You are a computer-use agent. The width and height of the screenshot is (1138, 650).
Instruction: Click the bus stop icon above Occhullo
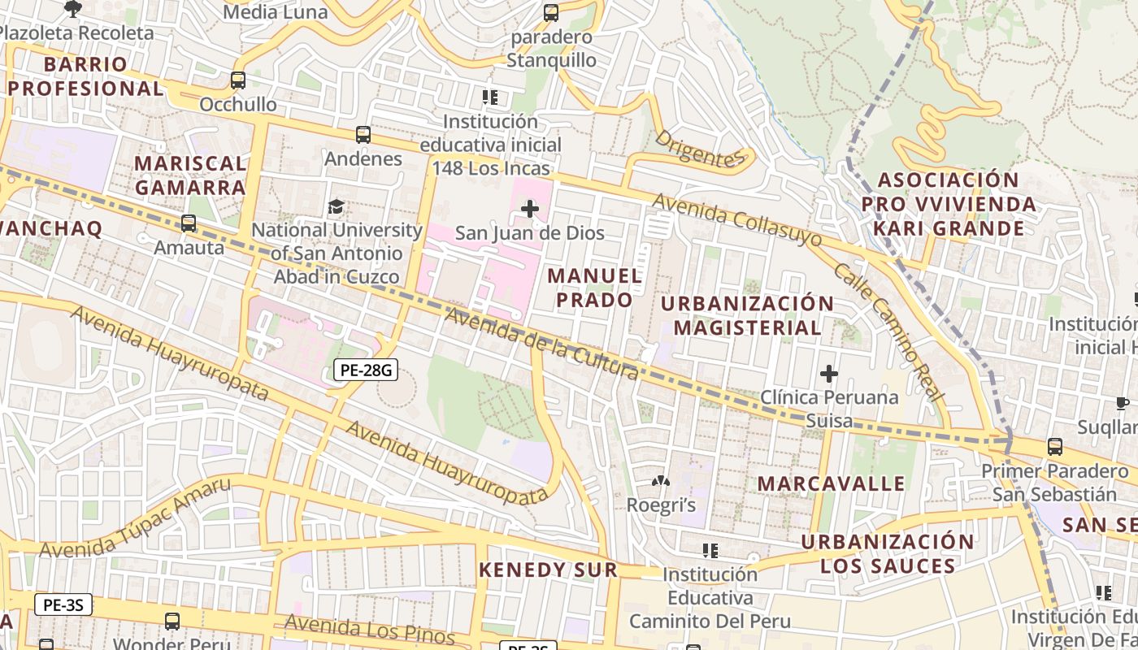237,80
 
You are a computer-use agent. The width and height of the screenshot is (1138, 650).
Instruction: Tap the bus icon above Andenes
363,135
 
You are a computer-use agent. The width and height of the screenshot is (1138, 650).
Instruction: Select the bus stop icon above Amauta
189,223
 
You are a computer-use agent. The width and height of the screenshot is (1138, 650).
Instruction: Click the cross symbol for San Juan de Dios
530,209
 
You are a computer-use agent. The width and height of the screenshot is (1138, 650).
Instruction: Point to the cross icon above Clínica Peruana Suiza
829,374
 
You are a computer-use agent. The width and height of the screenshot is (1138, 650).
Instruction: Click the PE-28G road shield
366,370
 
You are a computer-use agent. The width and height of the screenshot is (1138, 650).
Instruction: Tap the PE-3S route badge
63,604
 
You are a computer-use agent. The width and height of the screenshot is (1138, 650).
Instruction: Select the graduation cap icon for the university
336,207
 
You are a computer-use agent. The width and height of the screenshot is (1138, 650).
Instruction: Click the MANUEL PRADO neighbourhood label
595,288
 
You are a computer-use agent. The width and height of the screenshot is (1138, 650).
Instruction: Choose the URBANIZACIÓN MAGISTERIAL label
747,315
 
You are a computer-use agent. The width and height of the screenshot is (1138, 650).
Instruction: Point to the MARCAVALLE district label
831,483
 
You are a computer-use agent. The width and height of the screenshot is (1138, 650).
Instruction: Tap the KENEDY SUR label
548,570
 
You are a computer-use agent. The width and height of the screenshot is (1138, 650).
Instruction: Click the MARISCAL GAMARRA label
190,175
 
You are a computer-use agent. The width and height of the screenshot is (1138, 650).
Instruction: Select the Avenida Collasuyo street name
737,220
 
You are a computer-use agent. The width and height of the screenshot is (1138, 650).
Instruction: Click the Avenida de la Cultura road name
541,345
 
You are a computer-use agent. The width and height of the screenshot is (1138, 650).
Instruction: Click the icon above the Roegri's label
661,481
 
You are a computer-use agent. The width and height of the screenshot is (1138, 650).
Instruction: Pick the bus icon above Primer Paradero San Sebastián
1054,446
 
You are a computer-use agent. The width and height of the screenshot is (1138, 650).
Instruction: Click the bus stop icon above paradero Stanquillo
551,13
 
